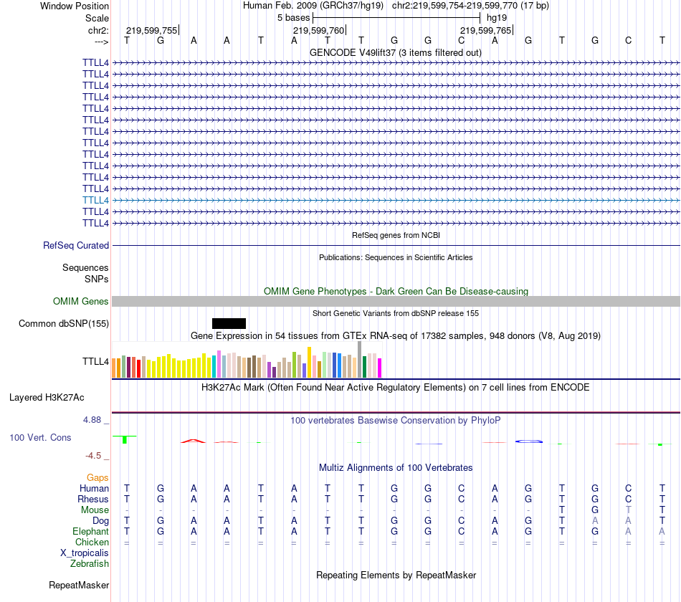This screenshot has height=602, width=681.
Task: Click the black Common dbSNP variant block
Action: point(229,323)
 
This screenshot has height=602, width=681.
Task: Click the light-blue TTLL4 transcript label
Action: point(95,200)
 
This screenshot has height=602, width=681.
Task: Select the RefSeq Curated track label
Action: point(76,245)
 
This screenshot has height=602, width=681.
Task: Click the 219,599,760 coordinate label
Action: point(318,31)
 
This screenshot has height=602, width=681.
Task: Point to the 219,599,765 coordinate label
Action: point(485,31)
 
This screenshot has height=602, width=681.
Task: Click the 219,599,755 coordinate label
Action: point(151,31)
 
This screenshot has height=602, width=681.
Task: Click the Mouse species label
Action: point(95,510)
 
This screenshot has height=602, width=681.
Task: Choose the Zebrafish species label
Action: point(90,564)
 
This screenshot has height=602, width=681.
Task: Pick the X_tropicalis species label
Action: point(85,553)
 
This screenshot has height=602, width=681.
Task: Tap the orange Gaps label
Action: point(97,477)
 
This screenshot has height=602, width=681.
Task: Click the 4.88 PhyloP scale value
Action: point(96,420)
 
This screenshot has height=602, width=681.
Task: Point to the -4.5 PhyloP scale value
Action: point(97,455)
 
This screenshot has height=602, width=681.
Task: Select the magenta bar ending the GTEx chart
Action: point(379,367)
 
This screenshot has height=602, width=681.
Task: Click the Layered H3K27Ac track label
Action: point(47,397)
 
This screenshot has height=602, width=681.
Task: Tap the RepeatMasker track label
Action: point(79,586)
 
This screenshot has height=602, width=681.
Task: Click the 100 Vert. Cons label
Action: point(40,437)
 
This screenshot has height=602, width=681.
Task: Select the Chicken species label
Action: point(92,543)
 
